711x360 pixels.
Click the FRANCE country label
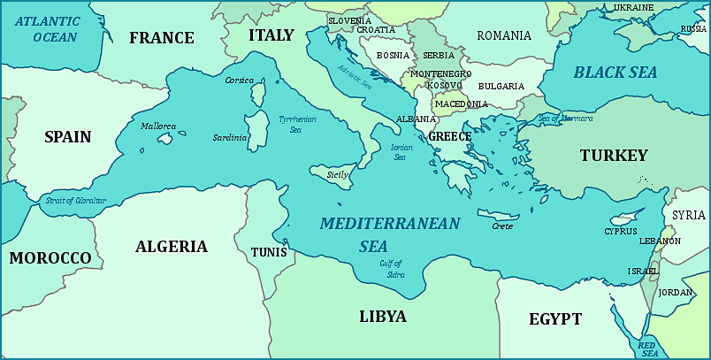click(161, 38)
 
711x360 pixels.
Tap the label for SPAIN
click(67, 136)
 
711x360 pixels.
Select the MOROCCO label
click(50, 257)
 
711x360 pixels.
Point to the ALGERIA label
click(172, 247)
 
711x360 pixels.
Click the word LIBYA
click(382, 317)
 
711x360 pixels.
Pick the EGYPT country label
click(555, 319)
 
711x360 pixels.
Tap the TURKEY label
click(614, 156)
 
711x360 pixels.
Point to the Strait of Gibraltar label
click(75, 201)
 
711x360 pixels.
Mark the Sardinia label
click(230, 138)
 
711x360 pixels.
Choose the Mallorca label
click(158, 126)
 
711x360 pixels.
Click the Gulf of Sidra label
click(391, 268)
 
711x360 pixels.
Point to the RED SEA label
click(647, 348)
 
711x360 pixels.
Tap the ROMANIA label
click(504, 36)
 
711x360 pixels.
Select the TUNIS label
click(268, 252)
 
